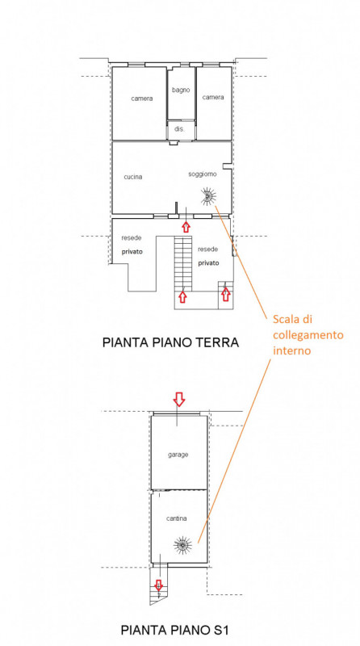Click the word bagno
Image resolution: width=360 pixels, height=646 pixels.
click(182, 90)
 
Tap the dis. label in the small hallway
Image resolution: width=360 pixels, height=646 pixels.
click(179, 129)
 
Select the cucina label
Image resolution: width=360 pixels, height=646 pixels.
click(133, 177)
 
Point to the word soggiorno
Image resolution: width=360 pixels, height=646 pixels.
click(203, 174)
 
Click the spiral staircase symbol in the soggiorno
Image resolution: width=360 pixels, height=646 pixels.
click(208, 196)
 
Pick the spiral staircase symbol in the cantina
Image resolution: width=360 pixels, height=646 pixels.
click(182, 545)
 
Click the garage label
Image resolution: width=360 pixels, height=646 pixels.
click(178, 455)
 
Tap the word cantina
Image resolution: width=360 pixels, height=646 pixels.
click(176, 518)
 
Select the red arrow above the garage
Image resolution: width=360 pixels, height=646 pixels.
click(178, 399)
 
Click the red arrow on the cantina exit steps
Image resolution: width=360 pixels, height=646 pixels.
click(158, 584)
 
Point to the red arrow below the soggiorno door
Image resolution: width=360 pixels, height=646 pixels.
click(186, 227)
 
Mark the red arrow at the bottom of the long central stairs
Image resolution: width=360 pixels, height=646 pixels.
click(183, 296)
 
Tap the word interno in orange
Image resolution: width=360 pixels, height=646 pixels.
click(291, 351)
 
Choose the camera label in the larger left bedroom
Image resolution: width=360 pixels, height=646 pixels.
click(142, 99)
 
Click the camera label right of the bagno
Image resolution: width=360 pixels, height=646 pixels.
click(213, 97)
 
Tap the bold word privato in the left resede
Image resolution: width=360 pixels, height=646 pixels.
click(132, 252)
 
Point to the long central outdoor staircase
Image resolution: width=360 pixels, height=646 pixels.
click(183, 263)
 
